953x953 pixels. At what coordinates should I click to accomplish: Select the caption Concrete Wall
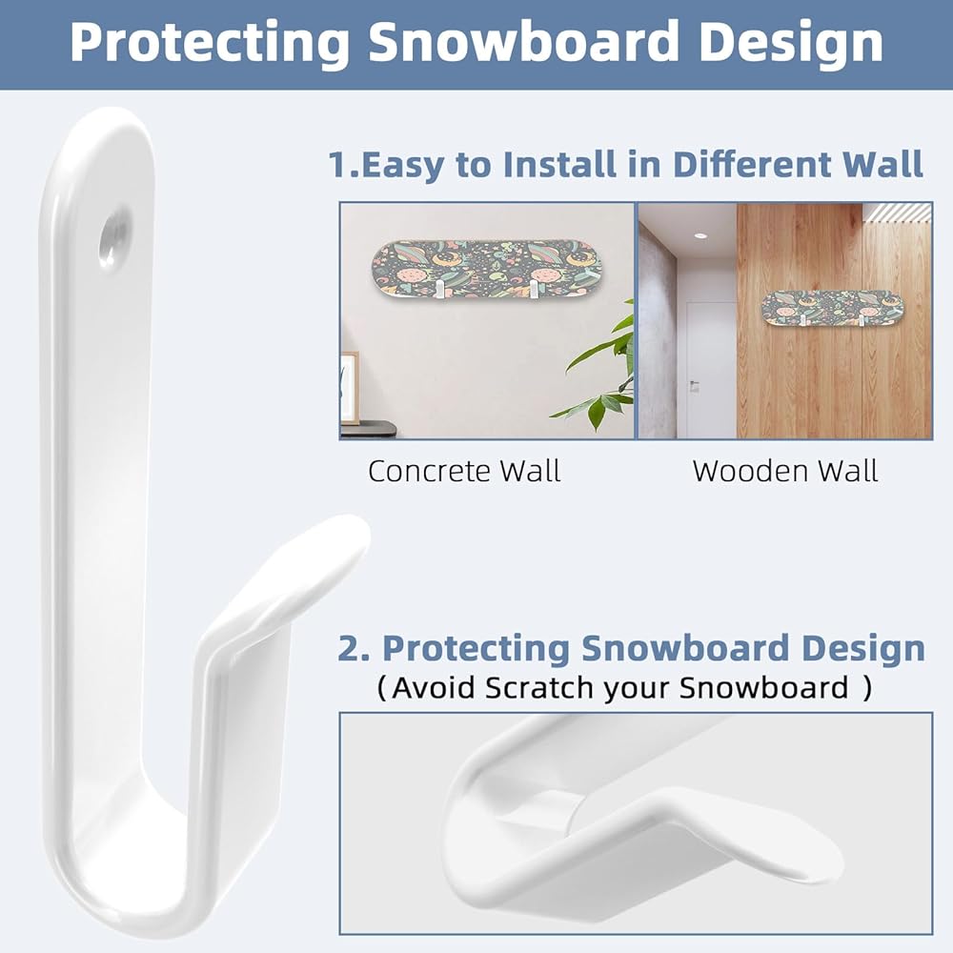(464, 471)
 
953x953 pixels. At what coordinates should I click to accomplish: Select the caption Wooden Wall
(784, 471)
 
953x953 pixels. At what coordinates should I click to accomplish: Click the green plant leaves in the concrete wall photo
(598, 371)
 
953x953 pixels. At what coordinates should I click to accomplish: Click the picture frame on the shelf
(350, 387)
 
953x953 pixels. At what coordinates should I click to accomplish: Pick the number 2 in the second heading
(350, 648)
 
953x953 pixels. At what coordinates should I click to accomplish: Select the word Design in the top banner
(791, 43)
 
